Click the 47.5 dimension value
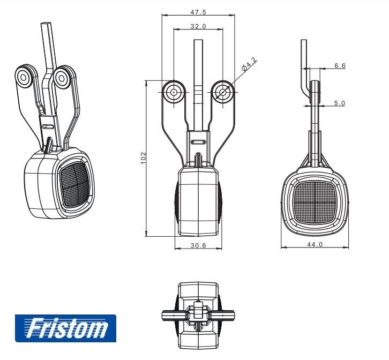[198, 12]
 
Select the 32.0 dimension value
[198, 26]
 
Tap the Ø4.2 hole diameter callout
[249, 64]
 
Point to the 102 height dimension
[144, 158]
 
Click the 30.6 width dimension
[198, 245]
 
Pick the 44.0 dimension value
[315, 244]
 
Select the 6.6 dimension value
[340, 65]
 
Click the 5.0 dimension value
[339, 103]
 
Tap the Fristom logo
[65, 328]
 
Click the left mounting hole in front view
[174, 92]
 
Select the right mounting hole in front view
[223, 92]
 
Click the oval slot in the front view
[198, 142]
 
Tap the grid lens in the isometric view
[74, 185]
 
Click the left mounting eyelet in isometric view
[24, 78]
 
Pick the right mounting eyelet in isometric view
[61, 79]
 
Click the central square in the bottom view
[198, 310]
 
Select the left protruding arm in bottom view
[174, 316]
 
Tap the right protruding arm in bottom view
[222, 316]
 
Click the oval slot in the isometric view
[47, 126]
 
